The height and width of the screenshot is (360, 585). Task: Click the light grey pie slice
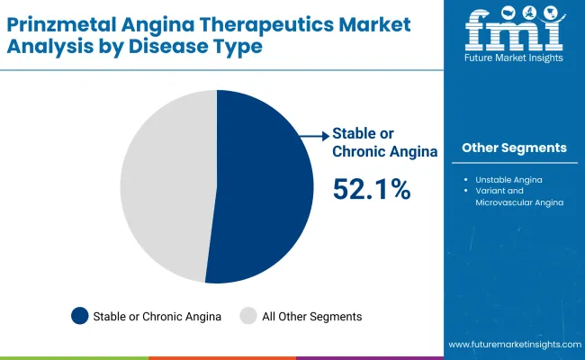point(166,184)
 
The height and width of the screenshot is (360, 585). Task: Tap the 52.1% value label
point(372,189)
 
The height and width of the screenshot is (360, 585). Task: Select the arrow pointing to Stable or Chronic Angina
point(314,136)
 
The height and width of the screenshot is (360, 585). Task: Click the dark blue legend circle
point(80,316)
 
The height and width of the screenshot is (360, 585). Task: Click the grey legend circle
point(248,316)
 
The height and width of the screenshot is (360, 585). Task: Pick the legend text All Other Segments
point(311,316)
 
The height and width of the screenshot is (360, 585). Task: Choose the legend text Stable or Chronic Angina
point(157,316)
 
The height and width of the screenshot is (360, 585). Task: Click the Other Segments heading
point(514,148)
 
